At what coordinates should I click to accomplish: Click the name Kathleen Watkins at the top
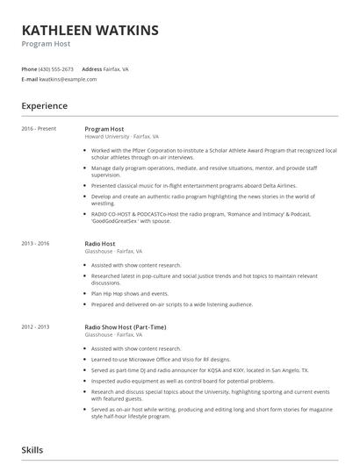(x=90, y=31)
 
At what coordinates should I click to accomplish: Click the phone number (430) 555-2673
(x=56, y=68)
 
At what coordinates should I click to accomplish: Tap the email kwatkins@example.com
(x=68, y=79)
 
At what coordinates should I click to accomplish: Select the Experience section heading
(x=45, y=106)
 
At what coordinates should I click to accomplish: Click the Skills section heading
(x=33, y=449)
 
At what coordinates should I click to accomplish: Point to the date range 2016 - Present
(x=40, y=129)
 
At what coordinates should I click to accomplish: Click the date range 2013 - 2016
(x=37, y=243)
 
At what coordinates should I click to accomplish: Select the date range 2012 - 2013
(x=37, y=326)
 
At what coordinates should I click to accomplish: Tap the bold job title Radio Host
(x=99, y=243)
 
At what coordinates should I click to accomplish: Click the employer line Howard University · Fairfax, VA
(x=121, y=137)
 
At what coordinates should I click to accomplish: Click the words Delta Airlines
(x=277, y=186)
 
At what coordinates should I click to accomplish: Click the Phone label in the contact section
(x=29, y=68)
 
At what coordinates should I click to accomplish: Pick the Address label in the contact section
(x=92, y=68)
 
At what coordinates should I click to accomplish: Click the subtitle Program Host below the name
(x=46, y=44)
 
